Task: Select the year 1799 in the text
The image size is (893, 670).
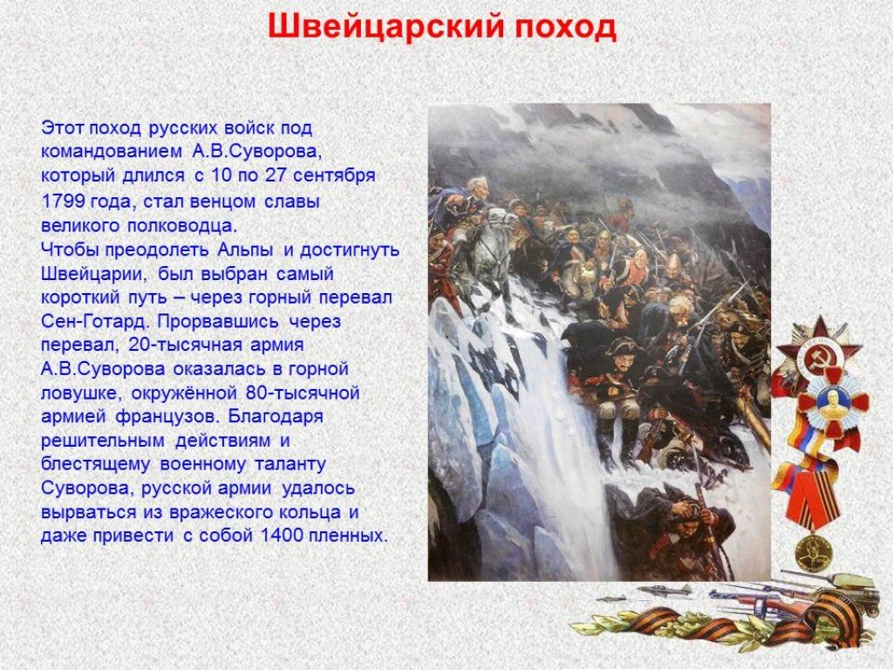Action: [x=63, y=202]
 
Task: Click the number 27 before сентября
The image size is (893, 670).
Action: [x=276, y=174]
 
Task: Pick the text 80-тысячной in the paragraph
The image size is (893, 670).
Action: [x=303, y=393]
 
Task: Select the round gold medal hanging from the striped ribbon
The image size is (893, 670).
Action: [x=814, y=553]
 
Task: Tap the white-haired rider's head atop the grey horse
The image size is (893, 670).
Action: [x=476, y=187]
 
